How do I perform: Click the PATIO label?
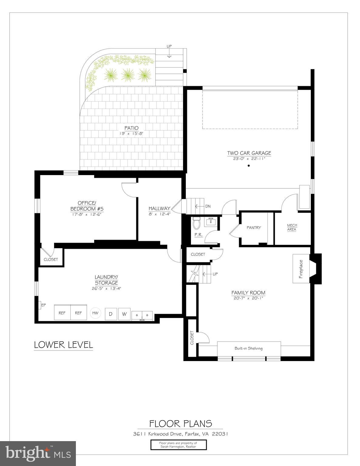pyautogui.click(x=131, y=128)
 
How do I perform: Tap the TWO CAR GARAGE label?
pyautogui.click(x=249, y=153)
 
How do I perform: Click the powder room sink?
pyautogui.click(x=211, y=221)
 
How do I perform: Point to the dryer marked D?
pyautogui.click(x=111, y=314)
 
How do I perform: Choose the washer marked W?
pyautogui.click(x=124, y=314)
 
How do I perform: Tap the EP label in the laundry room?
pyautogui.click(x=43, y=305)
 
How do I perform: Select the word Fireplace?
pyautogui.click(x=301, y=269)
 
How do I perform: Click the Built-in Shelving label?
pyautogui.click(x=248, y=348)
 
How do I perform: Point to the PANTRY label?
pyautogui.click(x=253, y=228)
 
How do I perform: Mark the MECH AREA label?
pyautogui.click(x=292, y=227)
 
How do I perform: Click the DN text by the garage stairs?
pyautogui.click(x=208, y=206)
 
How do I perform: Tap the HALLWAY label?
pyautogui.click(x=159, y=208)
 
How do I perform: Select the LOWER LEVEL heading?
pyautogui.click(x=63, y=345)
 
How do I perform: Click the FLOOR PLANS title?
pyautogui.click(x=180, y=424)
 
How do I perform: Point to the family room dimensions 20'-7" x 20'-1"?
pyautogui.click(x=248, y=298)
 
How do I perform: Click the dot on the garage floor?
pyautogui.click(x=249, y=166)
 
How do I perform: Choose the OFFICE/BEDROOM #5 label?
pyautogui.click(x=87, y=206)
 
